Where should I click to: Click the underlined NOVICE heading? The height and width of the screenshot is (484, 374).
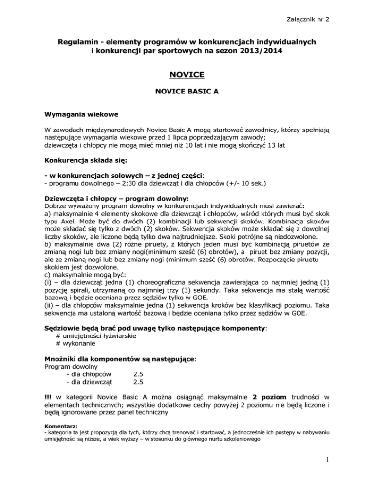point(187,75)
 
